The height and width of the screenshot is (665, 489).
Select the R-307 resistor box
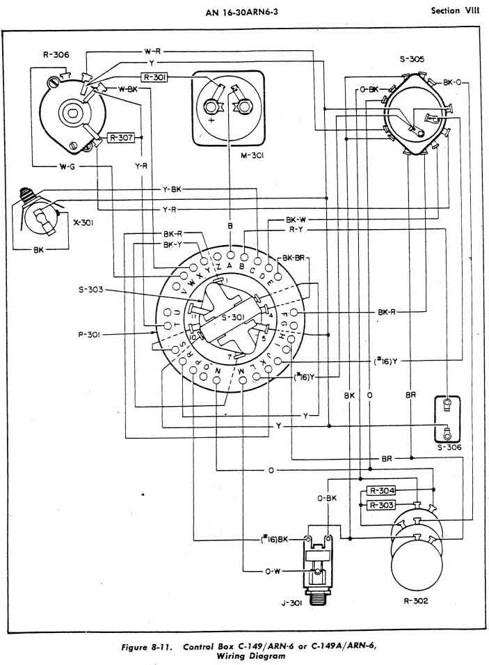[x=121, y=138]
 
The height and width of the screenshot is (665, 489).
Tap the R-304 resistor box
[x=381, y=492]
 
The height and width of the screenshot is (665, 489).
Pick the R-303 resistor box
[x=381, y=504]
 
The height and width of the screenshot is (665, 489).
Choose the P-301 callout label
[x=90, y=334]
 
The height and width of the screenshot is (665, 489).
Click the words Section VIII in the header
[x=455, y=11]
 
